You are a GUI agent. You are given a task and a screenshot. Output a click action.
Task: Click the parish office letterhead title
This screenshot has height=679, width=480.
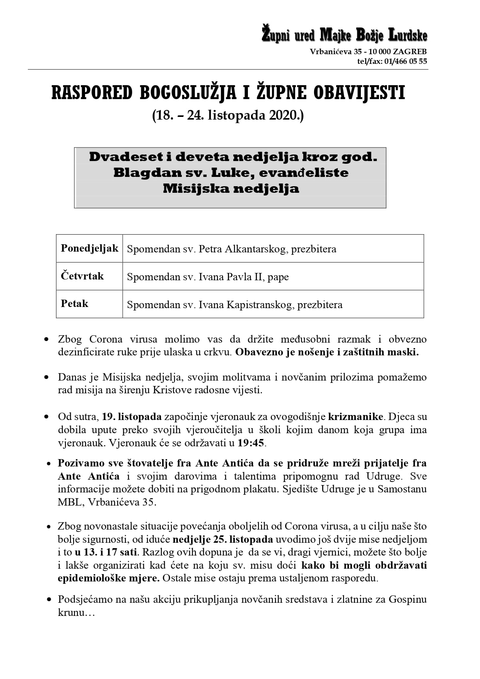[x=344, y=35]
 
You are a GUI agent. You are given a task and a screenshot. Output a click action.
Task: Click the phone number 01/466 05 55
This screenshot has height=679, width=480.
[x=406, y=61]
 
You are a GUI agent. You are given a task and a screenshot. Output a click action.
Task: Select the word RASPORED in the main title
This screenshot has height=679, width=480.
[x=92, y=93]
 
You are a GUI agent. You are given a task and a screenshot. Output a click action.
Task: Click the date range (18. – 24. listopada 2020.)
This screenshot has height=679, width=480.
[x=228, y=115]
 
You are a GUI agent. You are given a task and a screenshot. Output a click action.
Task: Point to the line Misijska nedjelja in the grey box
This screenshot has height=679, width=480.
[x=231, y=189]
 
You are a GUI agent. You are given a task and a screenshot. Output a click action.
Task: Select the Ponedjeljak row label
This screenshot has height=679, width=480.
[x=89, y=248]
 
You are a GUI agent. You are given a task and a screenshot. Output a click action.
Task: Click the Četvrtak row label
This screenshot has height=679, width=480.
[x=82, y=276]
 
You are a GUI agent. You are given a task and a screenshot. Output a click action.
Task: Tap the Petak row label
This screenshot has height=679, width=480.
[x=74, y=303]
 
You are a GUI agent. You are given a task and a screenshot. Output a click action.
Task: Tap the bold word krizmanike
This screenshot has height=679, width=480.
[x=355, y=417]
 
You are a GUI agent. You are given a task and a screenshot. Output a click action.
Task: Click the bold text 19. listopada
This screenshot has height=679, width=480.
[x=132, y=417]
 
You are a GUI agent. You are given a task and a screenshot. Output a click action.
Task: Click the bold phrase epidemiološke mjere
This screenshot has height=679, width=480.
[x=109, y=578]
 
